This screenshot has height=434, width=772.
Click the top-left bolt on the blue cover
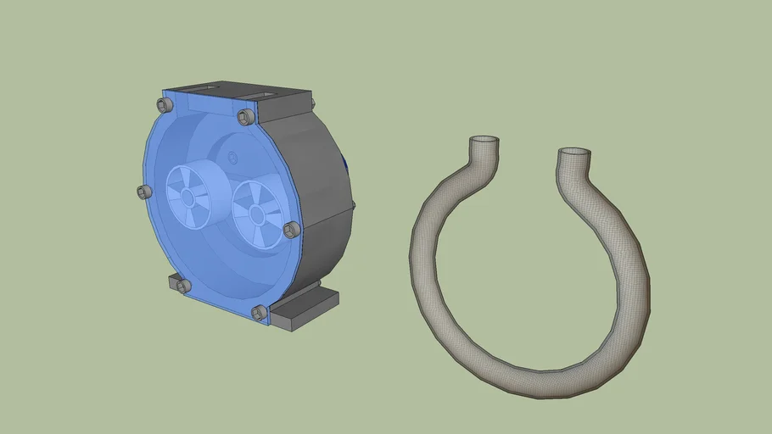(x=165, y=104)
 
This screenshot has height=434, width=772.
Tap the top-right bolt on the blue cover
(x=247, y=116)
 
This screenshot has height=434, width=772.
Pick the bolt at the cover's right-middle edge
(x=292, y=229)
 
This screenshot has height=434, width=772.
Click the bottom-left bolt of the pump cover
(x=182, y=286)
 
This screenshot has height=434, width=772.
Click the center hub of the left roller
(x=187, y=197)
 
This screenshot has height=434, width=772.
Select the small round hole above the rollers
(x=232, y=157)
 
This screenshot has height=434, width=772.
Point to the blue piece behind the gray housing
(x=344, y=165)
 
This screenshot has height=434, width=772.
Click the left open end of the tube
(x=484, y=139)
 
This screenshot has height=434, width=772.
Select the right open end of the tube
(x=574, y=153)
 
